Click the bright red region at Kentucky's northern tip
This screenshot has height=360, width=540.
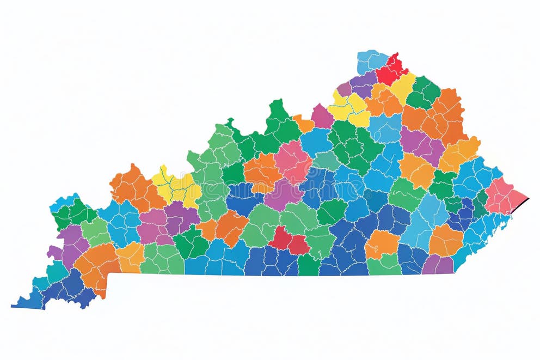coord(390,70)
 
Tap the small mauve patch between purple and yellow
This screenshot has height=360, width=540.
coord(343,88)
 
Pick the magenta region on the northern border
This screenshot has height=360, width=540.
coord(322,115)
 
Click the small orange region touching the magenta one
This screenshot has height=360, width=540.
coord(304,124)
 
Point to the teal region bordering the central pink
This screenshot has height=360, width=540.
coord(326,160)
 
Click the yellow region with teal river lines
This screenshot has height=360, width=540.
coord(176,185)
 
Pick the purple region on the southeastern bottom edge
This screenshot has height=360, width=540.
coord(438,265)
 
